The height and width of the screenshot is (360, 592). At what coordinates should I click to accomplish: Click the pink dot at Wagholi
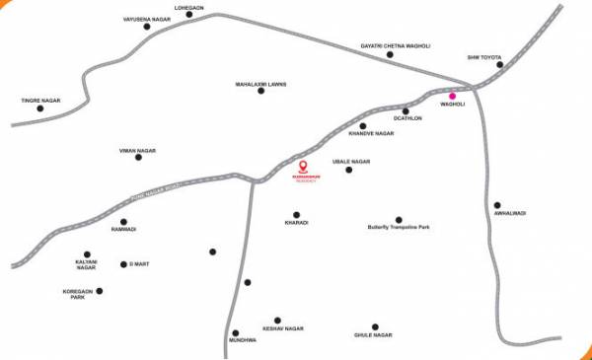pos(452,96)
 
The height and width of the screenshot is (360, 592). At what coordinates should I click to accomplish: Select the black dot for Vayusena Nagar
pos(147,27)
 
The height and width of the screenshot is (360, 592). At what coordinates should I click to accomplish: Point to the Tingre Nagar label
pos(40,100)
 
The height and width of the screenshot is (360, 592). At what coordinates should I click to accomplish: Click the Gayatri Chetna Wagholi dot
pos(390,54)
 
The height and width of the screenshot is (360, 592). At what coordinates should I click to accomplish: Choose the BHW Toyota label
pos(484,57)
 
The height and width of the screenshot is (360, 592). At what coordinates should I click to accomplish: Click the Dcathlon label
pos(407,119)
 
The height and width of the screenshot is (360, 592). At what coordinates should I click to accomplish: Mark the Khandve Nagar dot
pos(363,125)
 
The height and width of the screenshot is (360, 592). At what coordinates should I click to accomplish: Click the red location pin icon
pos(304,165)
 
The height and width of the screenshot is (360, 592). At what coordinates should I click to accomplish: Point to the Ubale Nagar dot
pos(349,171)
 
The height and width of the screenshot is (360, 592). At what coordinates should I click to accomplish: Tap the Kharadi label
pos(296,223)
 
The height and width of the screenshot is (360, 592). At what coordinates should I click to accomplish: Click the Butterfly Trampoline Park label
pos(399,228)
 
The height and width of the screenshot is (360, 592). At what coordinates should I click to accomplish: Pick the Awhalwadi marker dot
pos(498,204)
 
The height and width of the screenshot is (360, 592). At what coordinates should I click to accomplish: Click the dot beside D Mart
pos(122,263)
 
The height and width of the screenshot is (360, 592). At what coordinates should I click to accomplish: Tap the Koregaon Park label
pos(80,294)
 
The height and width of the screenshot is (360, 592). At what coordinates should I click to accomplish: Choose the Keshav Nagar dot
pos(277,320)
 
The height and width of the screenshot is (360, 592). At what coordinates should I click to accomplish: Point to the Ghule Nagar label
pos(374,335)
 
